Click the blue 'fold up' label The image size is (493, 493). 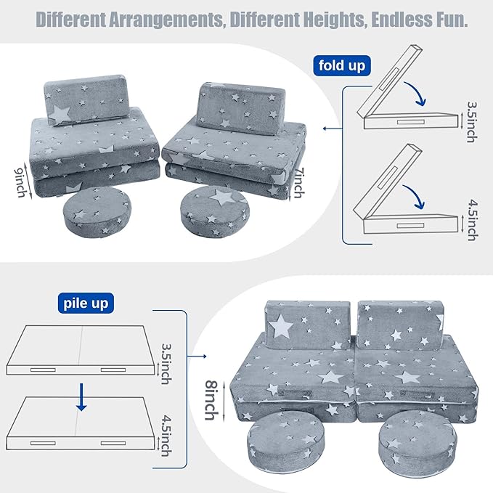(341, 66)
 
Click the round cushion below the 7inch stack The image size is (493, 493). (211, 209)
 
